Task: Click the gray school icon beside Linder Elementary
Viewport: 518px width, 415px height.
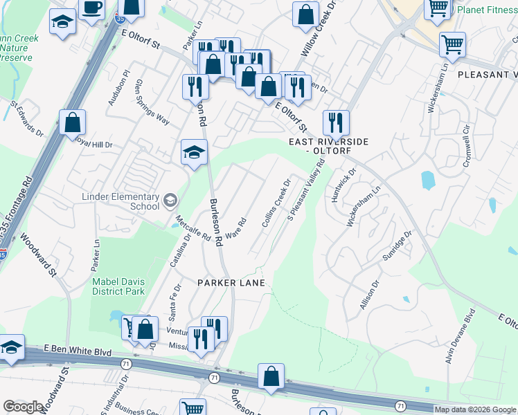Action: [170, 201]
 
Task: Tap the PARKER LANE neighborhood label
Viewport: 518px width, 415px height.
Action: [231, 283]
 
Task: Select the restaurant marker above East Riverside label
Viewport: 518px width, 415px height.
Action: [336, 123]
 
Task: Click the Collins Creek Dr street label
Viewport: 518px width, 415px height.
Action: [276, 205]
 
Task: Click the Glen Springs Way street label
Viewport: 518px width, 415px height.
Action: [152, 101]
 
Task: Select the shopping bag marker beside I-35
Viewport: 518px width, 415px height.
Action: [73, 124]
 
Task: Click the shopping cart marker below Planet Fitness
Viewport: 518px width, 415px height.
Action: [452, 46]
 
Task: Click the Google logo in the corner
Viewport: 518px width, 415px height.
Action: [23, 407]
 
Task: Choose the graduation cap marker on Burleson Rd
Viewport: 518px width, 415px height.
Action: [194, 153]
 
